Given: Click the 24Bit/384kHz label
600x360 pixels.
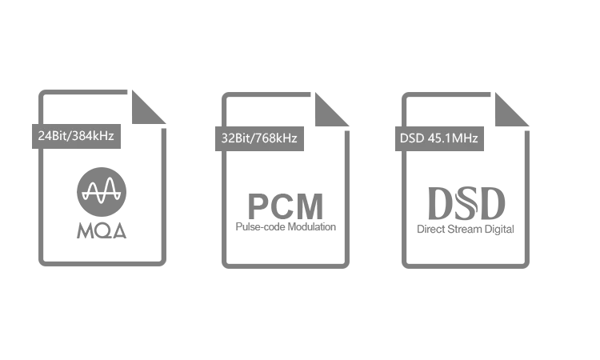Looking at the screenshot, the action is tap(76, 136).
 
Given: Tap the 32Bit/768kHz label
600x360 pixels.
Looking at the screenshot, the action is tap(259, 138).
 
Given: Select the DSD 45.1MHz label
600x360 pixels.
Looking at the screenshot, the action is tap(439, 138).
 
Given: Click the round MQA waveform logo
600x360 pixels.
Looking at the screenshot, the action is tap(102, 192).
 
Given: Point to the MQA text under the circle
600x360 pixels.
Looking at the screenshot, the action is tap(102, 230).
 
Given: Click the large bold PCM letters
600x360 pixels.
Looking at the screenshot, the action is tap(286, 206).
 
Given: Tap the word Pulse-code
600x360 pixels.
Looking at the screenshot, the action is tap(259, 227).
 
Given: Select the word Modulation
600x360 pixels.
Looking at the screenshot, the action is tap(310, 227).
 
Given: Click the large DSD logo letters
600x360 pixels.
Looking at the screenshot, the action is tap(466, 203).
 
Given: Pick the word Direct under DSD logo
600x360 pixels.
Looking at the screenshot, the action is tap(430, 229).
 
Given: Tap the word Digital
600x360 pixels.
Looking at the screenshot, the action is tap(499, 230).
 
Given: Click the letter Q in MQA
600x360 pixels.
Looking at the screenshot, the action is tap(102, 230).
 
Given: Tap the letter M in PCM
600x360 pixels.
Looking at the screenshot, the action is tap(309, 206).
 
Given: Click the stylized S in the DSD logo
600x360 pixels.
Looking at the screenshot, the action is tap(466, 203).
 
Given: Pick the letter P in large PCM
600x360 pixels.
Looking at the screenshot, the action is tap(258, 206).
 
